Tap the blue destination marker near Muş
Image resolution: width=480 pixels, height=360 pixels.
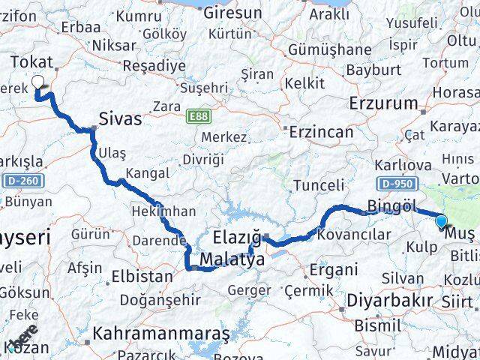pos(441,221)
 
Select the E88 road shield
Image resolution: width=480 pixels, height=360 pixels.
pos(198,116)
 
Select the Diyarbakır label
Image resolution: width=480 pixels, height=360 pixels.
pos(389,301)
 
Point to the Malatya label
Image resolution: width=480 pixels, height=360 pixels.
pos(229,261)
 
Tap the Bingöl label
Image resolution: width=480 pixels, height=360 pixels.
pos(390,205)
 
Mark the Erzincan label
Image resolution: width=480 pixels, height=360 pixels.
pos(323,132)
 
